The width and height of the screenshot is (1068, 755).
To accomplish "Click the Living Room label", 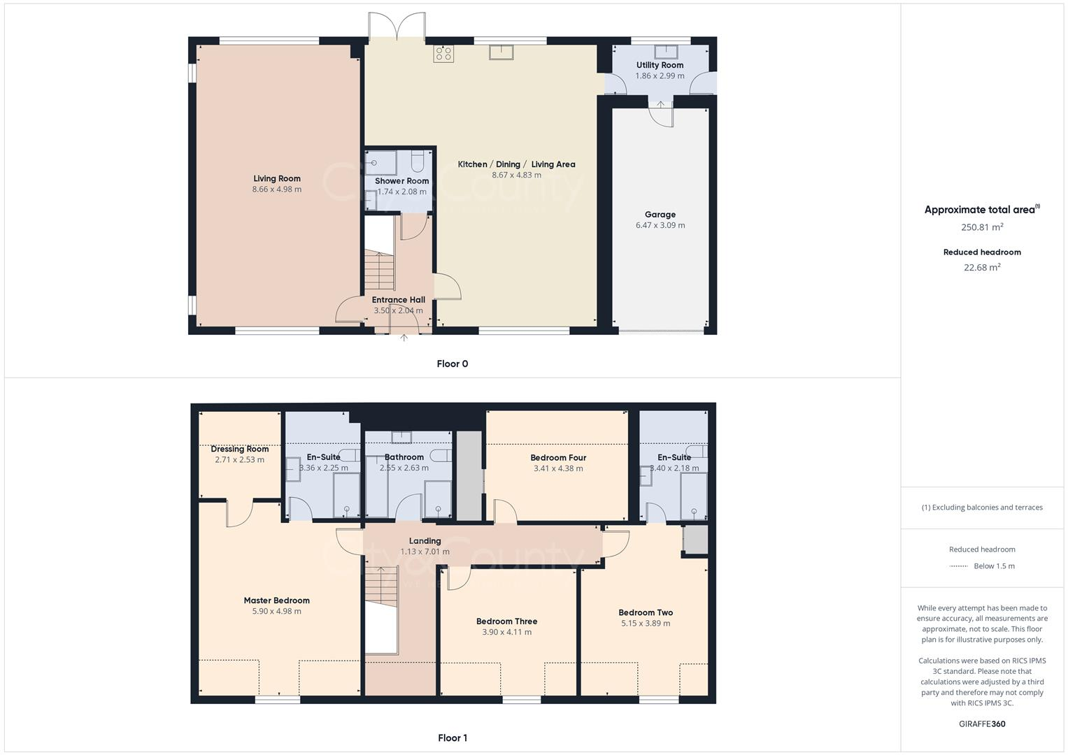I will (276, 178).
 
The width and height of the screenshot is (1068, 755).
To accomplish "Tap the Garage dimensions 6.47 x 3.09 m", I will (660, 225).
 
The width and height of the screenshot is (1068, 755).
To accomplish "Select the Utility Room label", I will (660, 65).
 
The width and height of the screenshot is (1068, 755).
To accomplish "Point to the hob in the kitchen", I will (443, 53).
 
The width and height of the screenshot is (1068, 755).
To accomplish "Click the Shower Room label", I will (401, 181).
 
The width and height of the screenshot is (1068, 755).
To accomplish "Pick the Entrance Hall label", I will (398, 300).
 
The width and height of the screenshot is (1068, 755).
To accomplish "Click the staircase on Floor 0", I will (380, 270).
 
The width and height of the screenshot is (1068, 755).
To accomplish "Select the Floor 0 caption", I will (452, 364).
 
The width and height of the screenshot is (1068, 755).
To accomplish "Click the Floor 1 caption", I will (452, 738).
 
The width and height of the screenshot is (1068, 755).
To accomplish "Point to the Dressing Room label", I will (239, 449).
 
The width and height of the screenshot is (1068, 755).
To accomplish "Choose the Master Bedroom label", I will (276, 601).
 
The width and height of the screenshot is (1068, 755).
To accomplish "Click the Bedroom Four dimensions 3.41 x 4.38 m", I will (557, 468).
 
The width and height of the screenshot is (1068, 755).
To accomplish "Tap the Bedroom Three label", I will (506, 621).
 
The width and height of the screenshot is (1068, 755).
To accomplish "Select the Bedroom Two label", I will (646, 612).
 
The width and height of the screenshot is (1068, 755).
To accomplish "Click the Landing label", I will (425, 541).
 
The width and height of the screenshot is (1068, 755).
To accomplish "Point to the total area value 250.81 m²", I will (982, 227).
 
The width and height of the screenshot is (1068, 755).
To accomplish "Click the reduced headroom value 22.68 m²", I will (982, 267).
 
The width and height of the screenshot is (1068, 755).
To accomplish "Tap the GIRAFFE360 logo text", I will (982, 724).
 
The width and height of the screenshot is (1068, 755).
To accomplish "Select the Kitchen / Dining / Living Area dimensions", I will (516, 175).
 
